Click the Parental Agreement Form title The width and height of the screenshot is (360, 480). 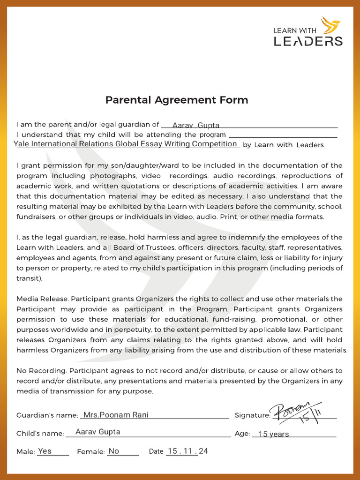(x=177, y=100)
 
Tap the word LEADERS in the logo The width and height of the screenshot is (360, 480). (x=308, y=41)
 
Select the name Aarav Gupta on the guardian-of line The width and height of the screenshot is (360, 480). (x=195, y=125)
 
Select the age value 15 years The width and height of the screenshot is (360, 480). (x=273, y=434)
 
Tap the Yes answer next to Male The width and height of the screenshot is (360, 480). (x=45, y=451)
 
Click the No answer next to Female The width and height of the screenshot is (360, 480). (x=114, y=451)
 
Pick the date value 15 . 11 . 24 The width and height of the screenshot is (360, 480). (x=187, y=451)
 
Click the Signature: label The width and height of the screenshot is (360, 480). (x=252, y=415)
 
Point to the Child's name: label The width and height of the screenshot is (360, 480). (x=40, y=434)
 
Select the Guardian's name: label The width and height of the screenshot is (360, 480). (x=47, y=415)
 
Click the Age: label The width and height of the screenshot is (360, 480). (x=242, y=434)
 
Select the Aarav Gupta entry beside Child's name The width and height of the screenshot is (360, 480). (x=97, y=432)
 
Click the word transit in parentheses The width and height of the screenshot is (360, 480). (x=29, y=278)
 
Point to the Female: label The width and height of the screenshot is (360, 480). (x=90, y=452)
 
